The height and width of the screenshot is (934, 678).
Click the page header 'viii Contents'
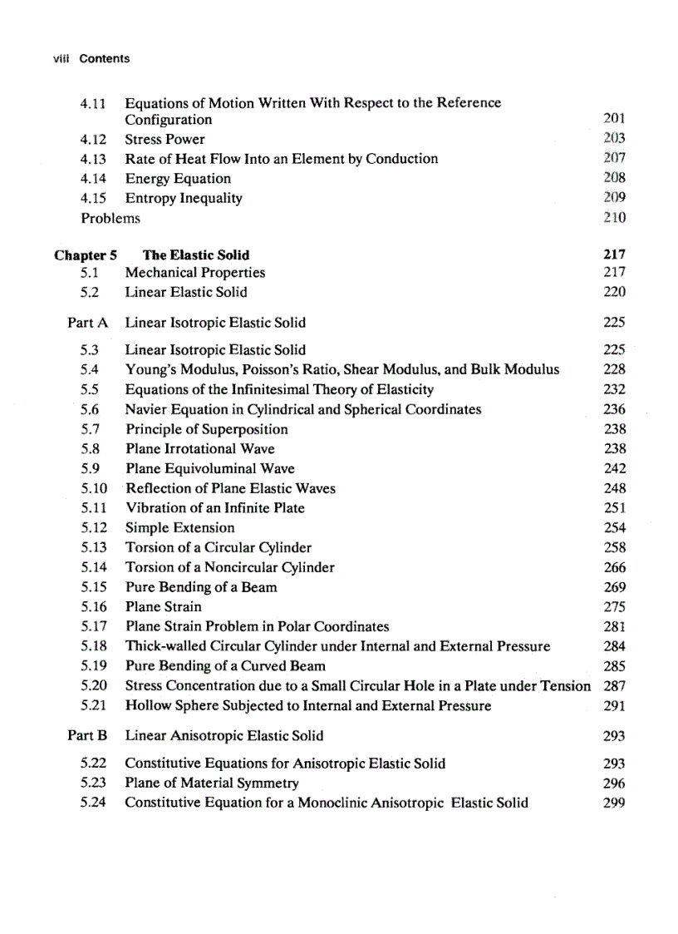(x=90, y=59)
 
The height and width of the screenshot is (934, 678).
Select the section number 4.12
(x=93, y=139)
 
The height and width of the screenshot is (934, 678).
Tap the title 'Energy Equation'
(x=178, y=179)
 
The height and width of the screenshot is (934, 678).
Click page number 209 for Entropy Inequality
(x=614, y=198)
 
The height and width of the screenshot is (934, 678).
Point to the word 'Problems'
(x=111, y=218)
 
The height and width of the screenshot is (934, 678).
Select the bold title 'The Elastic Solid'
(x=196, y=255)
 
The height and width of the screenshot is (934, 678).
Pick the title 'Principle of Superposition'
(x=207, y=429)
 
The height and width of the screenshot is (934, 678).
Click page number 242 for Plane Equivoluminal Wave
(x=615, y=469)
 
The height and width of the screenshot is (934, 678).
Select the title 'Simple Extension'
(x=179, y=528)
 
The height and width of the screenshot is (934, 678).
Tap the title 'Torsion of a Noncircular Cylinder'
(x=229, y=567)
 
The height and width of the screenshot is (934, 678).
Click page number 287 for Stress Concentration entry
(x=614, y=686)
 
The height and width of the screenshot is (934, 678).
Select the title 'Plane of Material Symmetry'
(x=212, y=783)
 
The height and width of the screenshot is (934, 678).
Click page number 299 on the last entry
(x=615, y=803)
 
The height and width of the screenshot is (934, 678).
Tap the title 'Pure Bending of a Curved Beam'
(x=225, y=666)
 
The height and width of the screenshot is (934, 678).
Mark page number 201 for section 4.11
(x=614, y=120)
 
